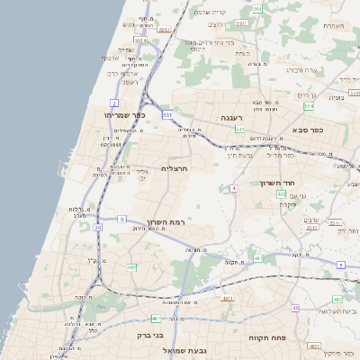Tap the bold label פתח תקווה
pyautogui.click(x=266, y=337)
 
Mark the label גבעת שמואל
pyautogui.click(x=185, y=349)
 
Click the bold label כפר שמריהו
pyautogui.click(x=125, y=115)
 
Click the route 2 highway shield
pyautogui.click(x=114, y=103)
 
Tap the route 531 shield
pyautogui.click(x=167, y=114)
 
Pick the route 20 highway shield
pyautogui.click(x=97, y=228)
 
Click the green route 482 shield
pyautogui.click(x=131, y=267)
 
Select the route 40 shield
pyautogui.click(x=295, y=309)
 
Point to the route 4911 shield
pyautogui.click(x=227, y=298)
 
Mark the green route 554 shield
pyautogui.click(x=309, y=105)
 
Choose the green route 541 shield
pyautogui.click(x=240, y=130)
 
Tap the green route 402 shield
pyautogui.click(x=282, y=193)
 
